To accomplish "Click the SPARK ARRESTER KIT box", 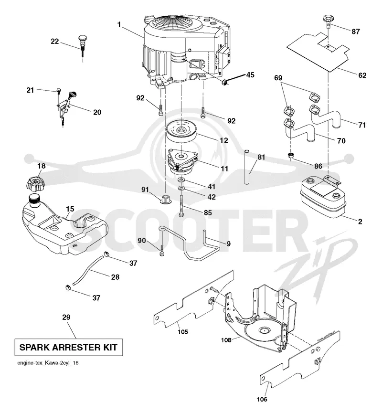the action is tap(68, 347).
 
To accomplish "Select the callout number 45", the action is tap(250, 75).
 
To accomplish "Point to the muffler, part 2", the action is tap(323, 197).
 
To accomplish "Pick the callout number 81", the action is tap(261, 157).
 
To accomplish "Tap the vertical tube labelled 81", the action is tap(247, 167).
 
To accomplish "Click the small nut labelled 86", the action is tap(291, 155).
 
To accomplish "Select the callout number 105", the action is tap(183, 332).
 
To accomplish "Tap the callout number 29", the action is tap(66, 317).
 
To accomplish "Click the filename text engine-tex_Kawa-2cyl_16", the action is tap(48, 363).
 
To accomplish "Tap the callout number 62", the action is tap(362, 75).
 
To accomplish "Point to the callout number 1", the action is tap(119, 24).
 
